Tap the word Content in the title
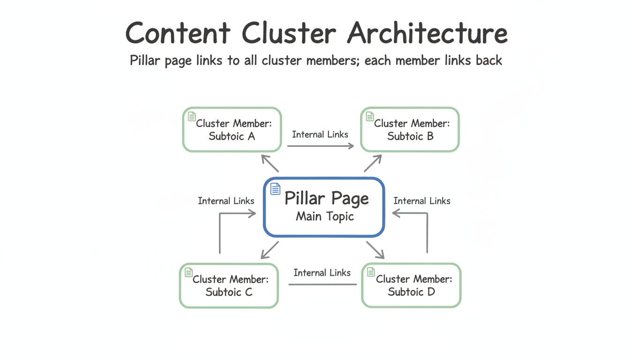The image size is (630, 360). click(x=178, y=33)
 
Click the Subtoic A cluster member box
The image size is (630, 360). click(x=232, y=130)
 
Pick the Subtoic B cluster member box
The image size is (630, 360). click(x=410, y=130)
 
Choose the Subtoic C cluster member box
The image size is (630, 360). click(x=229, y=285)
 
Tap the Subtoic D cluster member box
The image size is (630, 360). click(x=412, y=285)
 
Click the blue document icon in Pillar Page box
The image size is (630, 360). click(x=275, y=189)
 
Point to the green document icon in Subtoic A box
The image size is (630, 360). click(x=191, y=116)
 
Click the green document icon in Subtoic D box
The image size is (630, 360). click(x=371, y=272)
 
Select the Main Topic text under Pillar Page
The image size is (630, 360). click(x=325, y=217)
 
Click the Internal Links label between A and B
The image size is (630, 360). click(x=320, y=135)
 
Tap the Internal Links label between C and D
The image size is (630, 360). click(x=322, y=272)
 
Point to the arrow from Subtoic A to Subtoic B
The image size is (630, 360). click(x=321, y=146)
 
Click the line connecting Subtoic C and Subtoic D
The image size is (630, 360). click(x=322, y=285)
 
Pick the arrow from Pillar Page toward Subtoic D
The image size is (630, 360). click(x=375, y=250)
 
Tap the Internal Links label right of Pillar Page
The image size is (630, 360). click(x=422, y=201)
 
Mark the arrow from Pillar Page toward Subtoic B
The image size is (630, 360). click(x=373, y=163)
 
